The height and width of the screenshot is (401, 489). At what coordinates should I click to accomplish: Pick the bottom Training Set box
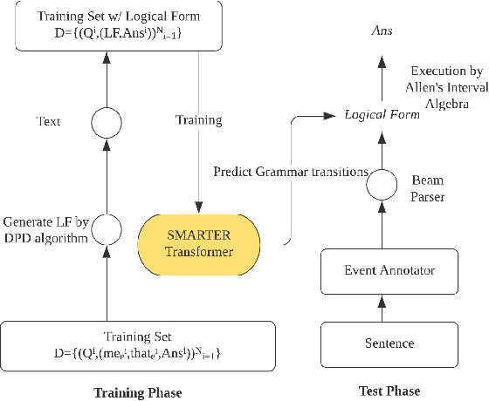click(138, 344)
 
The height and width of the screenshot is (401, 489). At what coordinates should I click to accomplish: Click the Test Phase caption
click(389, 390)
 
